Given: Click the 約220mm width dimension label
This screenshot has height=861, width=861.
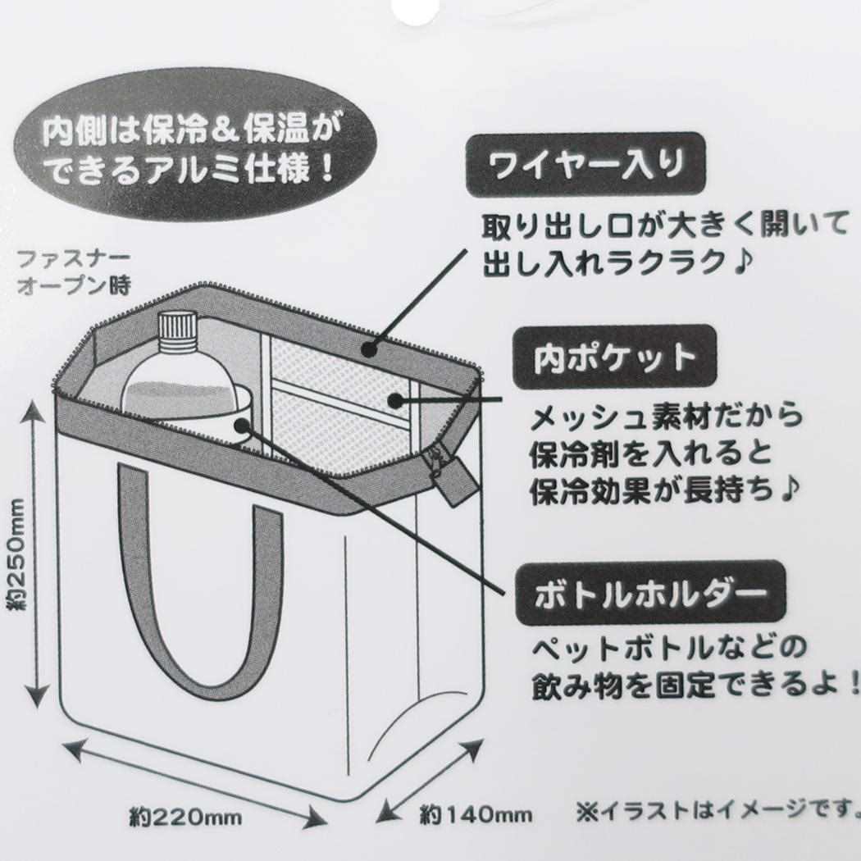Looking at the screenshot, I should click(x=185, y=817).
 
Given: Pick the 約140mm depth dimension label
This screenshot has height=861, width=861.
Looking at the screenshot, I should click(x=476, y=814).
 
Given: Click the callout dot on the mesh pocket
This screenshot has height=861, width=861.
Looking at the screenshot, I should click(x=394, y=400).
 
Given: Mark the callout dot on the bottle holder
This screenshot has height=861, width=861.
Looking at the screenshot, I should click(x=243, y=425).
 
